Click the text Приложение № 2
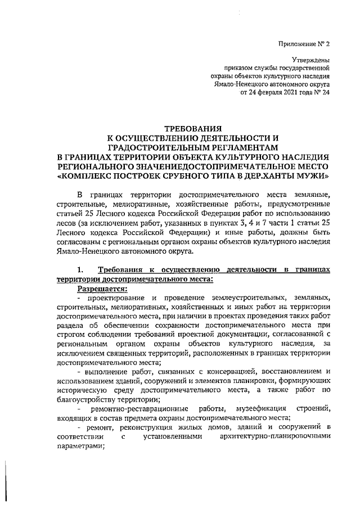(x=304, y=44)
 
